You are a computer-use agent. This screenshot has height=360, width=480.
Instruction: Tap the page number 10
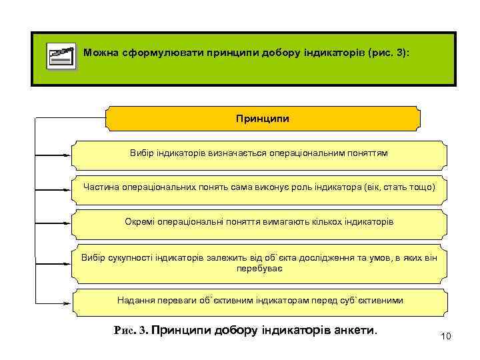pyautogui.click(x=446, y=336)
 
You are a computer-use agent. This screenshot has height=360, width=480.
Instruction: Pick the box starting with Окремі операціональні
pyautogui.click(x=259, y=221)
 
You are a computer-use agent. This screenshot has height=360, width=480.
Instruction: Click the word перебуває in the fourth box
pyautogui.click(x=259, y=267)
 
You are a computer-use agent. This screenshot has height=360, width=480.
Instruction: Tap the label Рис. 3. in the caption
pyautogui.click(x=133, y=329)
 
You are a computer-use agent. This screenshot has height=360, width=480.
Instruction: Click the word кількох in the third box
pyautogui.click(x=323, y=221)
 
